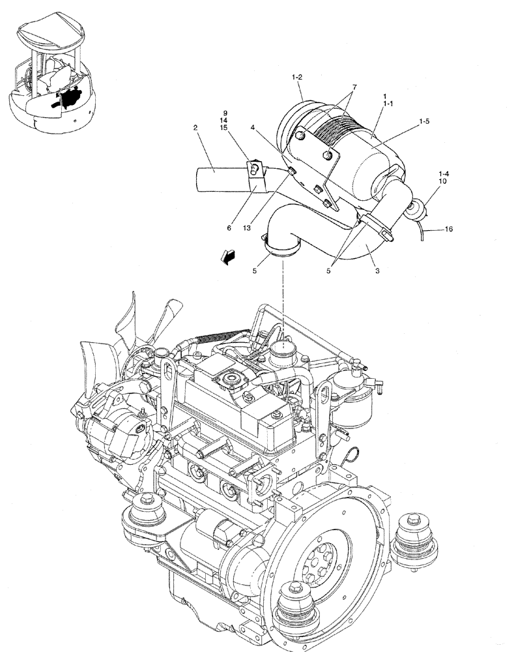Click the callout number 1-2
[296, 78]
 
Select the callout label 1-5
[425, 121]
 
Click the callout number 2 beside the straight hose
[195, 128]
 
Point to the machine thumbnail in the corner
[50, 75]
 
